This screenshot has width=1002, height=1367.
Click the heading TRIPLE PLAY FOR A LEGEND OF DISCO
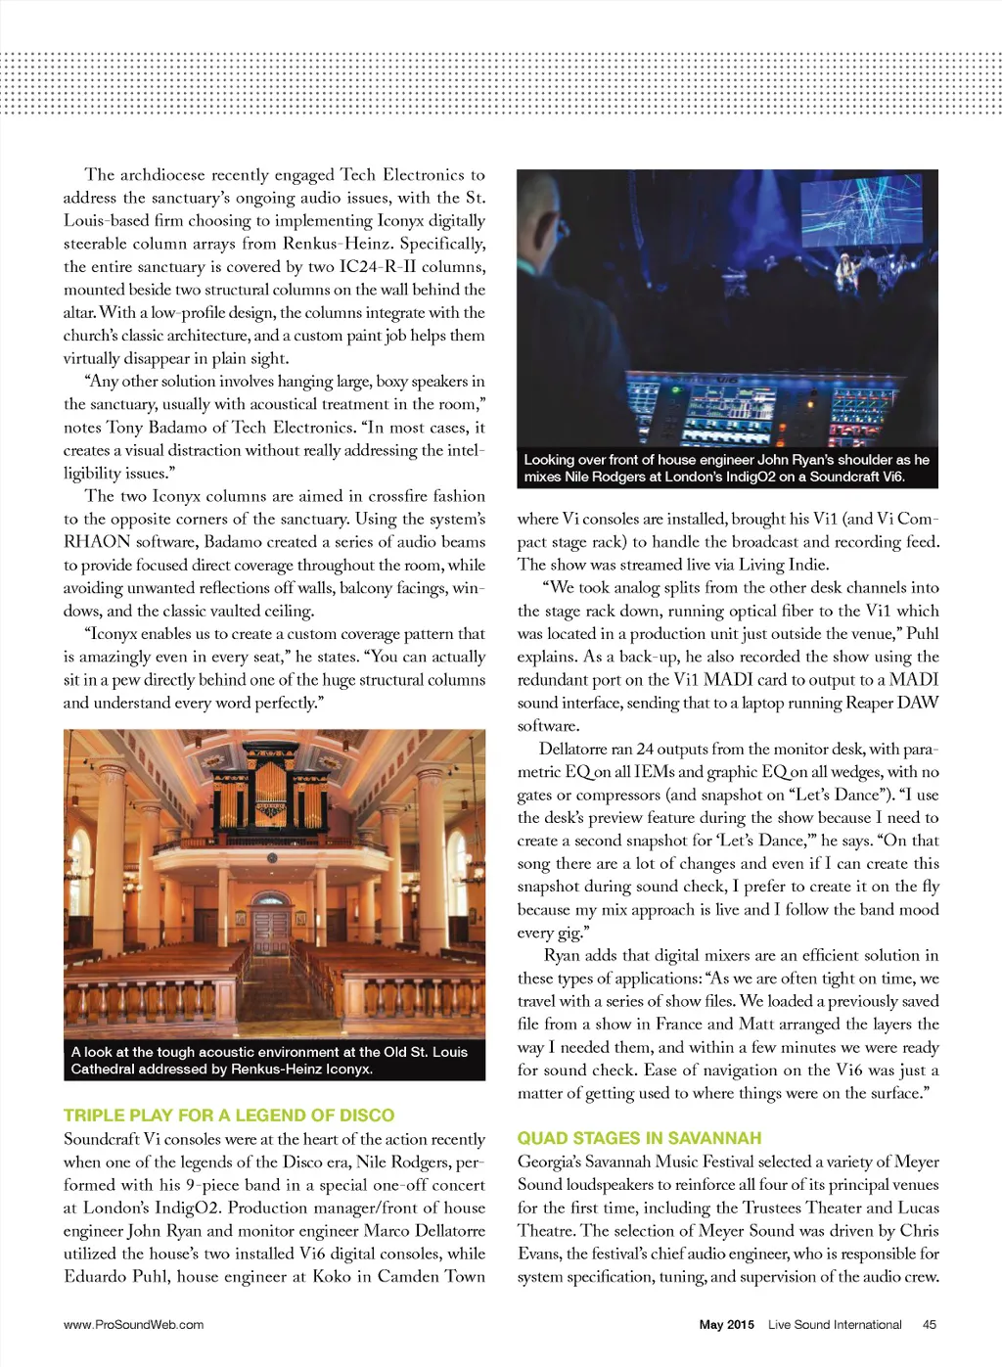(x=229, y=1115)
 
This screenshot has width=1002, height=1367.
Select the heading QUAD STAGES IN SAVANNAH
(x=639, y=1138)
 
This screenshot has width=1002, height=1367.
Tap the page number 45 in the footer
(x=929, y=1324)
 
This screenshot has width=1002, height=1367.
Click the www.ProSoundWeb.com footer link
(x=133, y=1324)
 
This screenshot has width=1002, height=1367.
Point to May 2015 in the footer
(x=726, y=1324)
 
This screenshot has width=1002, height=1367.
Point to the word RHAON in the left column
(x=97, y=542)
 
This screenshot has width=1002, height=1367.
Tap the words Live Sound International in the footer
(x=835, y=1324)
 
